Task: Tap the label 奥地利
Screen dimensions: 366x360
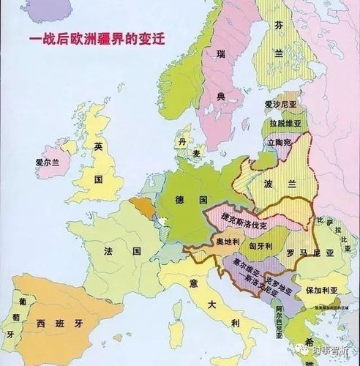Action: pos(228,241)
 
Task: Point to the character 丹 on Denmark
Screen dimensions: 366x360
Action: pos(181,138)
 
